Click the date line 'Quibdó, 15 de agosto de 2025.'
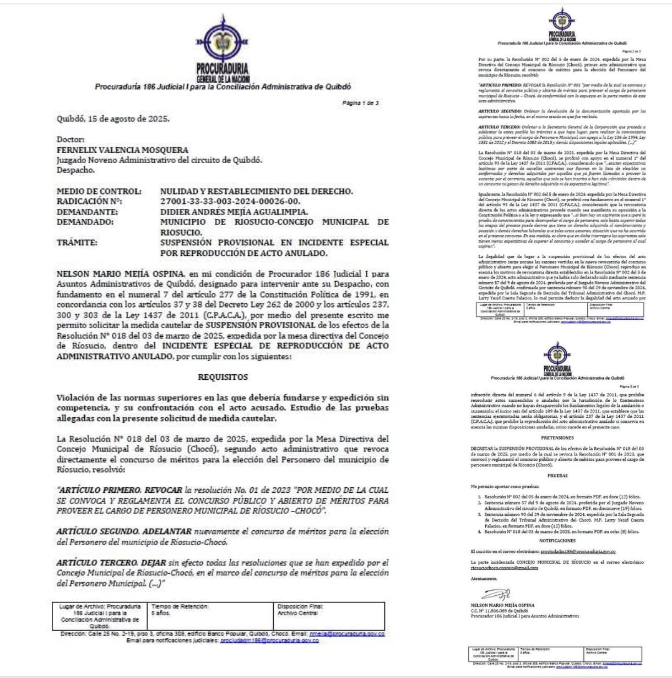pyautogui.click(x=113, y=119)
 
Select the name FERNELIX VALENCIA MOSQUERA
pyautogui.click(x=122, y=150)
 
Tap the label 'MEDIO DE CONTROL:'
pyautogui.click(x=99, y=191)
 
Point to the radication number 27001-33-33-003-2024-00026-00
pyautogui.click(x=230, y=202)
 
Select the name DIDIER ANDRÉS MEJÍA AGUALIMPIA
pyautogui.click(x=234, y=212)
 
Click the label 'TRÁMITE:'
pyautogui.click(x=77, y=243)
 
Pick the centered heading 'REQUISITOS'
pyautogui.click(x=223, y=377)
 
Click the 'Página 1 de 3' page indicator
pyautogui.click(x=360, y=103)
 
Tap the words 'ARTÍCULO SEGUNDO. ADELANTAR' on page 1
pyautogui.click(x=124, y=532)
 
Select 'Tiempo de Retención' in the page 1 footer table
pyautogui.click(x=180, y=606)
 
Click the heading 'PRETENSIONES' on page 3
pyautogui.click(x=557, y=438)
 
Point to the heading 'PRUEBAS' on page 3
pyautogui.click(x=557, y=475)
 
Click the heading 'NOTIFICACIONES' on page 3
pyautogui.click(x=557, y=541)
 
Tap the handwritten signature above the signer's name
pyautogui.click(x=496, y=594)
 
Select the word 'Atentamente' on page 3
pyautogui.click(x=484, y=579)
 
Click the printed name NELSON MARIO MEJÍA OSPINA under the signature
pyautogui.click(x=502, y=605)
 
